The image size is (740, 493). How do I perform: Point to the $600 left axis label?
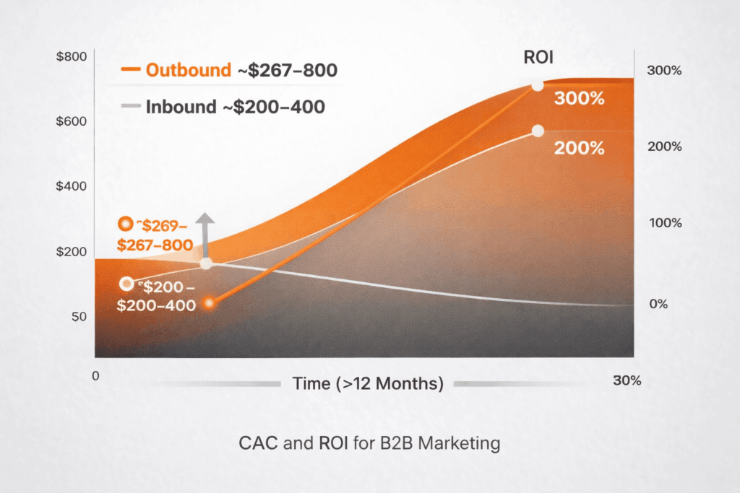coord(70,121)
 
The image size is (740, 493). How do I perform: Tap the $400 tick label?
coord(70,186)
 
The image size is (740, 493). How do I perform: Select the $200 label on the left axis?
coord(70,252)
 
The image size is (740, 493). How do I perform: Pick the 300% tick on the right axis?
coord(664,71)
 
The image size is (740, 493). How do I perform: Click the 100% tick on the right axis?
coord(664,223)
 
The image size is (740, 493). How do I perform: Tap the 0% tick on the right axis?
coord(658,304)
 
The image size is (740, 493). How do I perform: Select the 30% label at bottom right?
coord(626,381)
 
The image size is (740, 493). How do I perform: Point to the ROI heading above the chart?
coord(539,58)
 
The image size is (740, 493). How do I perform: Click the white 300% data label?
coord(579,99)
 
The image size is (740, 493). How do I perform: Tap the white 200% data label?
coord(579,149)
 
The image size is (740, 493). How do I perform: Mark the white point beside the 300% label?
coord(537,86)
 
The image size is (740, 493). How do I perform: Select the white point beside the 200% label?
coord(537,131)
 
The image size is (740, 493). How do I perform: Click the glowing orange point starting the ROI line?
coord(209,304)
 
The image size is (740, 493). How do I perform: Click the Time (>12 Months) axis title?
coord(368,383)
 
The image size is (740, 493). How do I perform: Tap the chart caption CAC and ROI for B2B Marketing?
coord(369,442)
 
